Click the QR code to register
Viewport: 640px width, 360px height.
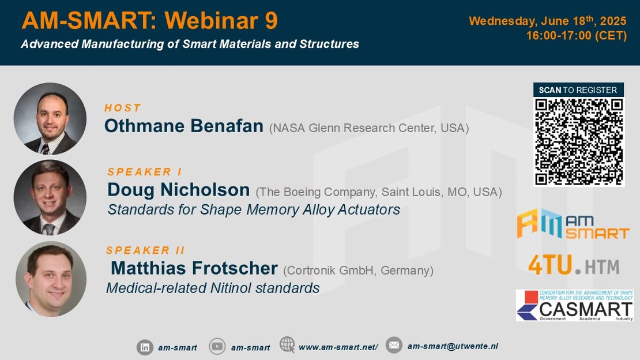(x=579, y=142)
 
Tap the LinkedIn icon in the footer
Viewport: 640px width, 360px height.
(x=145, y=347)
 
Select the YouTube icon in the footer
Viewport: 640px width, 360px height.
(x=217, y=347)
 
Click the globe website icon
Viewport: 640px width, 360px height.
(x=287, y=344)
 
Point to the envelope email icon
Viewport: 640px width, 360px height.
(x=394, y=346)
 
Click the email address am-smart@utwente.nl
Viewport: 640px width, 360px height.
(x=453, y=346)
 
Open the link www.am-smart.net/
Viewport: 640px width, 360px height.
(x=338, y=347)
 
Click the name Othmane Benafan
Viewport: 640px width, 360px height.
(x=184, y=126)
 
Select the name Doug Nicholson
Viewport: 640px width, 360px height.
(x=178, y=190)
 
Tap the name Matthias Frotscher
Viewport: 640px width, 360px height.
(x=194, y=268)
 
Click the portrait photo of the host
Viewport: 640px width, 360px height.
(x=50, y=118)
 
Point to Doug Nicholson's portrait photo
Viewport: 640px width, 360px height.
(x=50, y=197)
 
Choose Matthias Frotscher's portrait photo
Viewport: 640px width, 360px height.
(x=51, y=279)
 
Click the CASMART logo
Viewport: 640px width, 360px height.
(x=575, y=305)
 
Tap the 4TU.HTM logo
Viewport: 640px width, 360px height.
(x=574, y=265)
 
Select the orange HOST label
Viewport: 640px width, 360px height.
(x=122, y=108)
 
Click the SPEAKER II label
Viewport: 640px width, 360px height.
(x=145, y=250)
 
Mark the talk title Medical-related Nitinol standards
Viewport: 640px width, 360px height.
(x=213, y=288)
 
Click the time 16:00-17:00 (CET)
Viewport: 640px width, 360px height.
(x=577, y=36)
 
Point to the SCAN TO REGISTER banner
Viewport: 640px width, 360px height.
(x=578, y=90)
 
